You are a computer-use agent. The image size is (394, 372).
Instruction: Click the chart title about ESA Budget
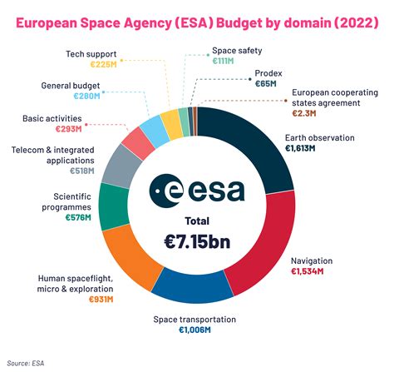tap(197, 17)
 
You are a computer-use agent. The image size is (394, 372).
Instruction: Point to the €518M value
tap(79, 171)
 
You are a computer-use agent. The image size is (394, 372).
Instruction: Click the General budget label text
tap(73, 86)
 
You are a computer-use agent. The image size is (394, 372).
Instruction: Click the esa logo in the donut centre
tap(197, 190)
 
